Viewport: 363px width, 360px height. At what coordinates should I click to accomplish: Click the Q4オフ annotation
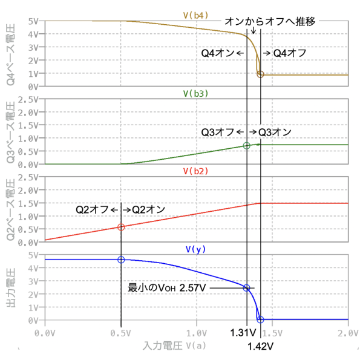coord(290,53)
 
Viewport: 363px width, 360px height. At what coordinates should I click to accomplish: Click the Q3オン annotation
coord(275,132)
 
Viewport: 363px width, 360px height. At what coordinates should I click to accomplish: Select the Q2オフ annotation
coord(92,209)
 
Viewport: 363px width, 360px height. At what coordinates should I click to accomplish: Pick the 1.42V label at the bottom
coord(261,347)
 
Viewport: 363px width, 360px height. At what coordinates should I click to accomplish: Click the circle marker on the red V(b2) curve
coord(121,227)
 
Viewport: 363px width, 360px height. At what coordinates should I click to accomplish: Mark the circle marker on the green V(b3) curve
coord(246,146)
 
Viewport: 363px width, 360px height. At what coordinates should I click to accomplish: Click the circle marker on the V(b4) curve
coord(260,74)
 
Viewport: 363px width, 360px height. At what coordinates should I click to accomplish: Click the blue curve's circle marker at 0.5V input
coord(121,260)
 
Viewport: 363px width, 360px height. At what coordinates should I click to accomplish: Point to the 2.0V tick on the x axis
coord(348,333)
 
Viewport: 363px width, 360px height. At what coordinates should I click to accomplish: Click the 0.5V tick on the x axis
coord(121,333)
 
